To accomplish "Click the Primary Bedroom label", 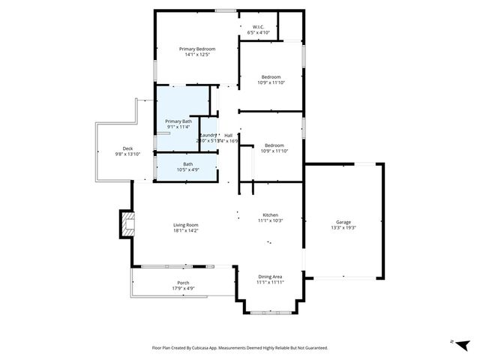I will pos(196,49).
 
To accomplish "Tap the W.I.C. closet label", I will pos(258,27).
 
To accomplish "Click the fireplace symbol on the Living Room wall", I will pos(126,223).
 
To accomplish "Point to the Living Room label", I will pos(185,225).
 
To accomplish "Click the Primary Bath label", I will pos(178,121).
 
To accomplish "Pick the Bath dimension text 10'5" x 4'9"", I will pos(187,169).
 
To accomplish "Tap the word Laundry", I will pos(208,135).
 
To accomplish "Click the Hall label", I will pos(228,135).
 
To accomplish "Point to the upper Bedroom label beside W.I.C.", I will pos(271,77).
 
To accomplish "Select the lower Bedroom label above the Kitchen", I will pos(274,145).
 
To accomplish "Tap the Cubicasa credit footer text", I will pos(239,347).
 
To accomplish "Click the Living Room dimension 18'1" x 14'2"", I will pos(185,231).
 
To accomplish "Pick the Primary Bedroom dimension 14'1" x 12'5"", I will pos(196,55).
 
